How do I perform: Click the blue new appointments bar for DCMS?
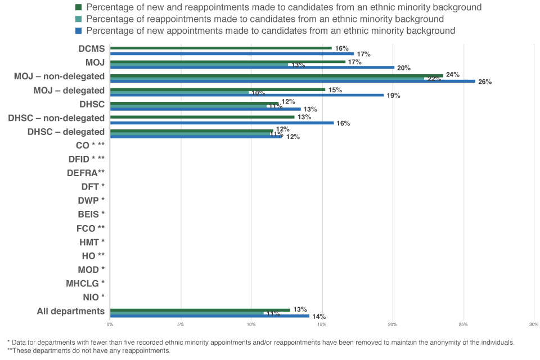point(232,53)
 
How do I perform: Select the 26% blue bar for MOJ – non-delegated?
point(292,81)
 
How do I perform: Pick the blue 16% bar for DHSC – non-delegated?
point(222,123)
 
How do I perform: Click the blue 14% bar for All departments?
point(209,316)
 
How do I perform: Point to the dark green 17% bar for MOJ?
point(228,62)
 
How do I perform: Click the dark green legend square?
point(79,7)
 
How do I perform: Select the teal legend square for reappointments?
point(79,19)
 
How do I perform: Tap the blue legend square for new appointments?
point(79,30)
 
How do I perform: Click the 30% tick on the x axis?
point(534,325)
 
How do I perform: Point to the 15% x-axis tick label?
point(322,325)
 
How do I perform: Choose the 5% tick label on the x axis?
point(181,325)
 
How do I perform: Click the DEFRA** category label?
point(85,173)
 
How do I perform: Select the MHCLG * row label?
point(85,283)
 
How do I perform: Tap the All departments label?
point(70,311)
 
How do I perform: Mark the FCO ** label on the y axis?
point(91,228)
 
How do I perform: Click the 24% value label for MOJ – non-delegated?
point(453,74)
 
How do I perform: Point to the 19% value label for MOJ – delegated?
point(393,95)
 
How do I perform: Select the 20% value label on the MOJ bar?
point(404,67)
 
